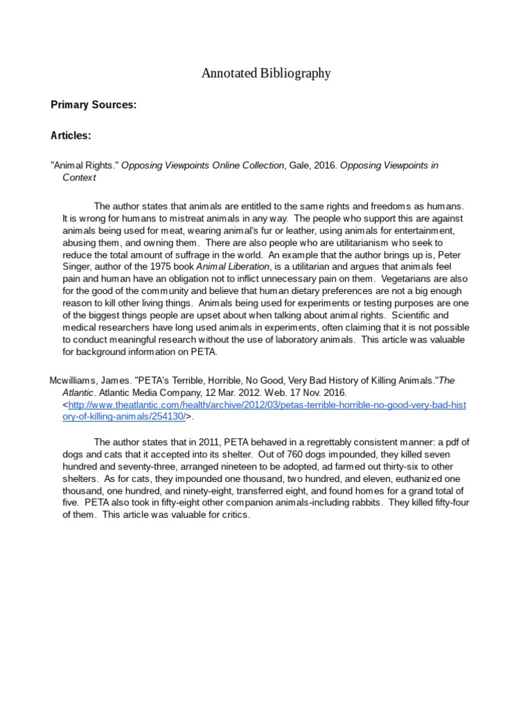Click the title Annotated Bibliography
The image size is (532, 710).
pos(266,73)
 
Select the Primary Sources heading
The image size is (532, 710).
pos(94,105)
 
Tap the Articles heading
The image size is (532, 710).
pos(71,136)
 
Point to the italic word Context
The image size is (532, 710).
pos(79,177)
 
